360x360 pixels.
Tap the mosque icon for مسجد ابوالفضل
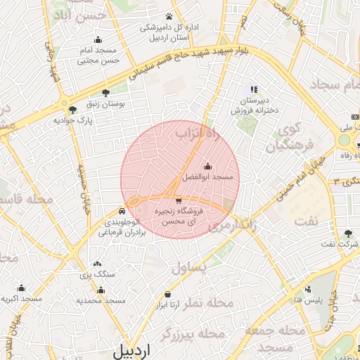pyautogui.click(x=207, y=167)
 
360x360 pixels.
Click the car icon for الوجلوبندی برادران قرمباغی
pyautogui.click(x=122, y=210)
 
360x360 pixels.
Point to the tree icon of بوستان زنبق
pyautogui.click(x=106, y=92)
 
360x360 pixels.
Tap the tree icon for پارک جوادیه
pyautogui.click(x=72, y=109)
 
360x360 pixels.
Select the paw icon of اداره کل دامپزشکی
pyautogui.click(x=169, y=15)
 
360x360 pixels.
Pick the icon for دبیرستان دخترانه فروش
pyautogui.click(x=254, y=89)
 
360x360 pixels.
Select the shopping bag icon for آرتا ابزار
pyautogui.click(x=167, y=294)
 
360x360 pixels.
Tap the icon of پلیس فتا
pyautogui.click(x=308, y=290)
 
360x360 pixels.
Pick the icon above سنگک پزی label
pyautogui.click(x=97, y=264)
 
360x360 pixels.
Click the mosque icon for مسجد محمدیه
pyautogui.click(x=100, y=290)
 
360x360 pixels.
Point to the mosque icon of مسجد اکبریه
pyautogui.click(x=21, y=288)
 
